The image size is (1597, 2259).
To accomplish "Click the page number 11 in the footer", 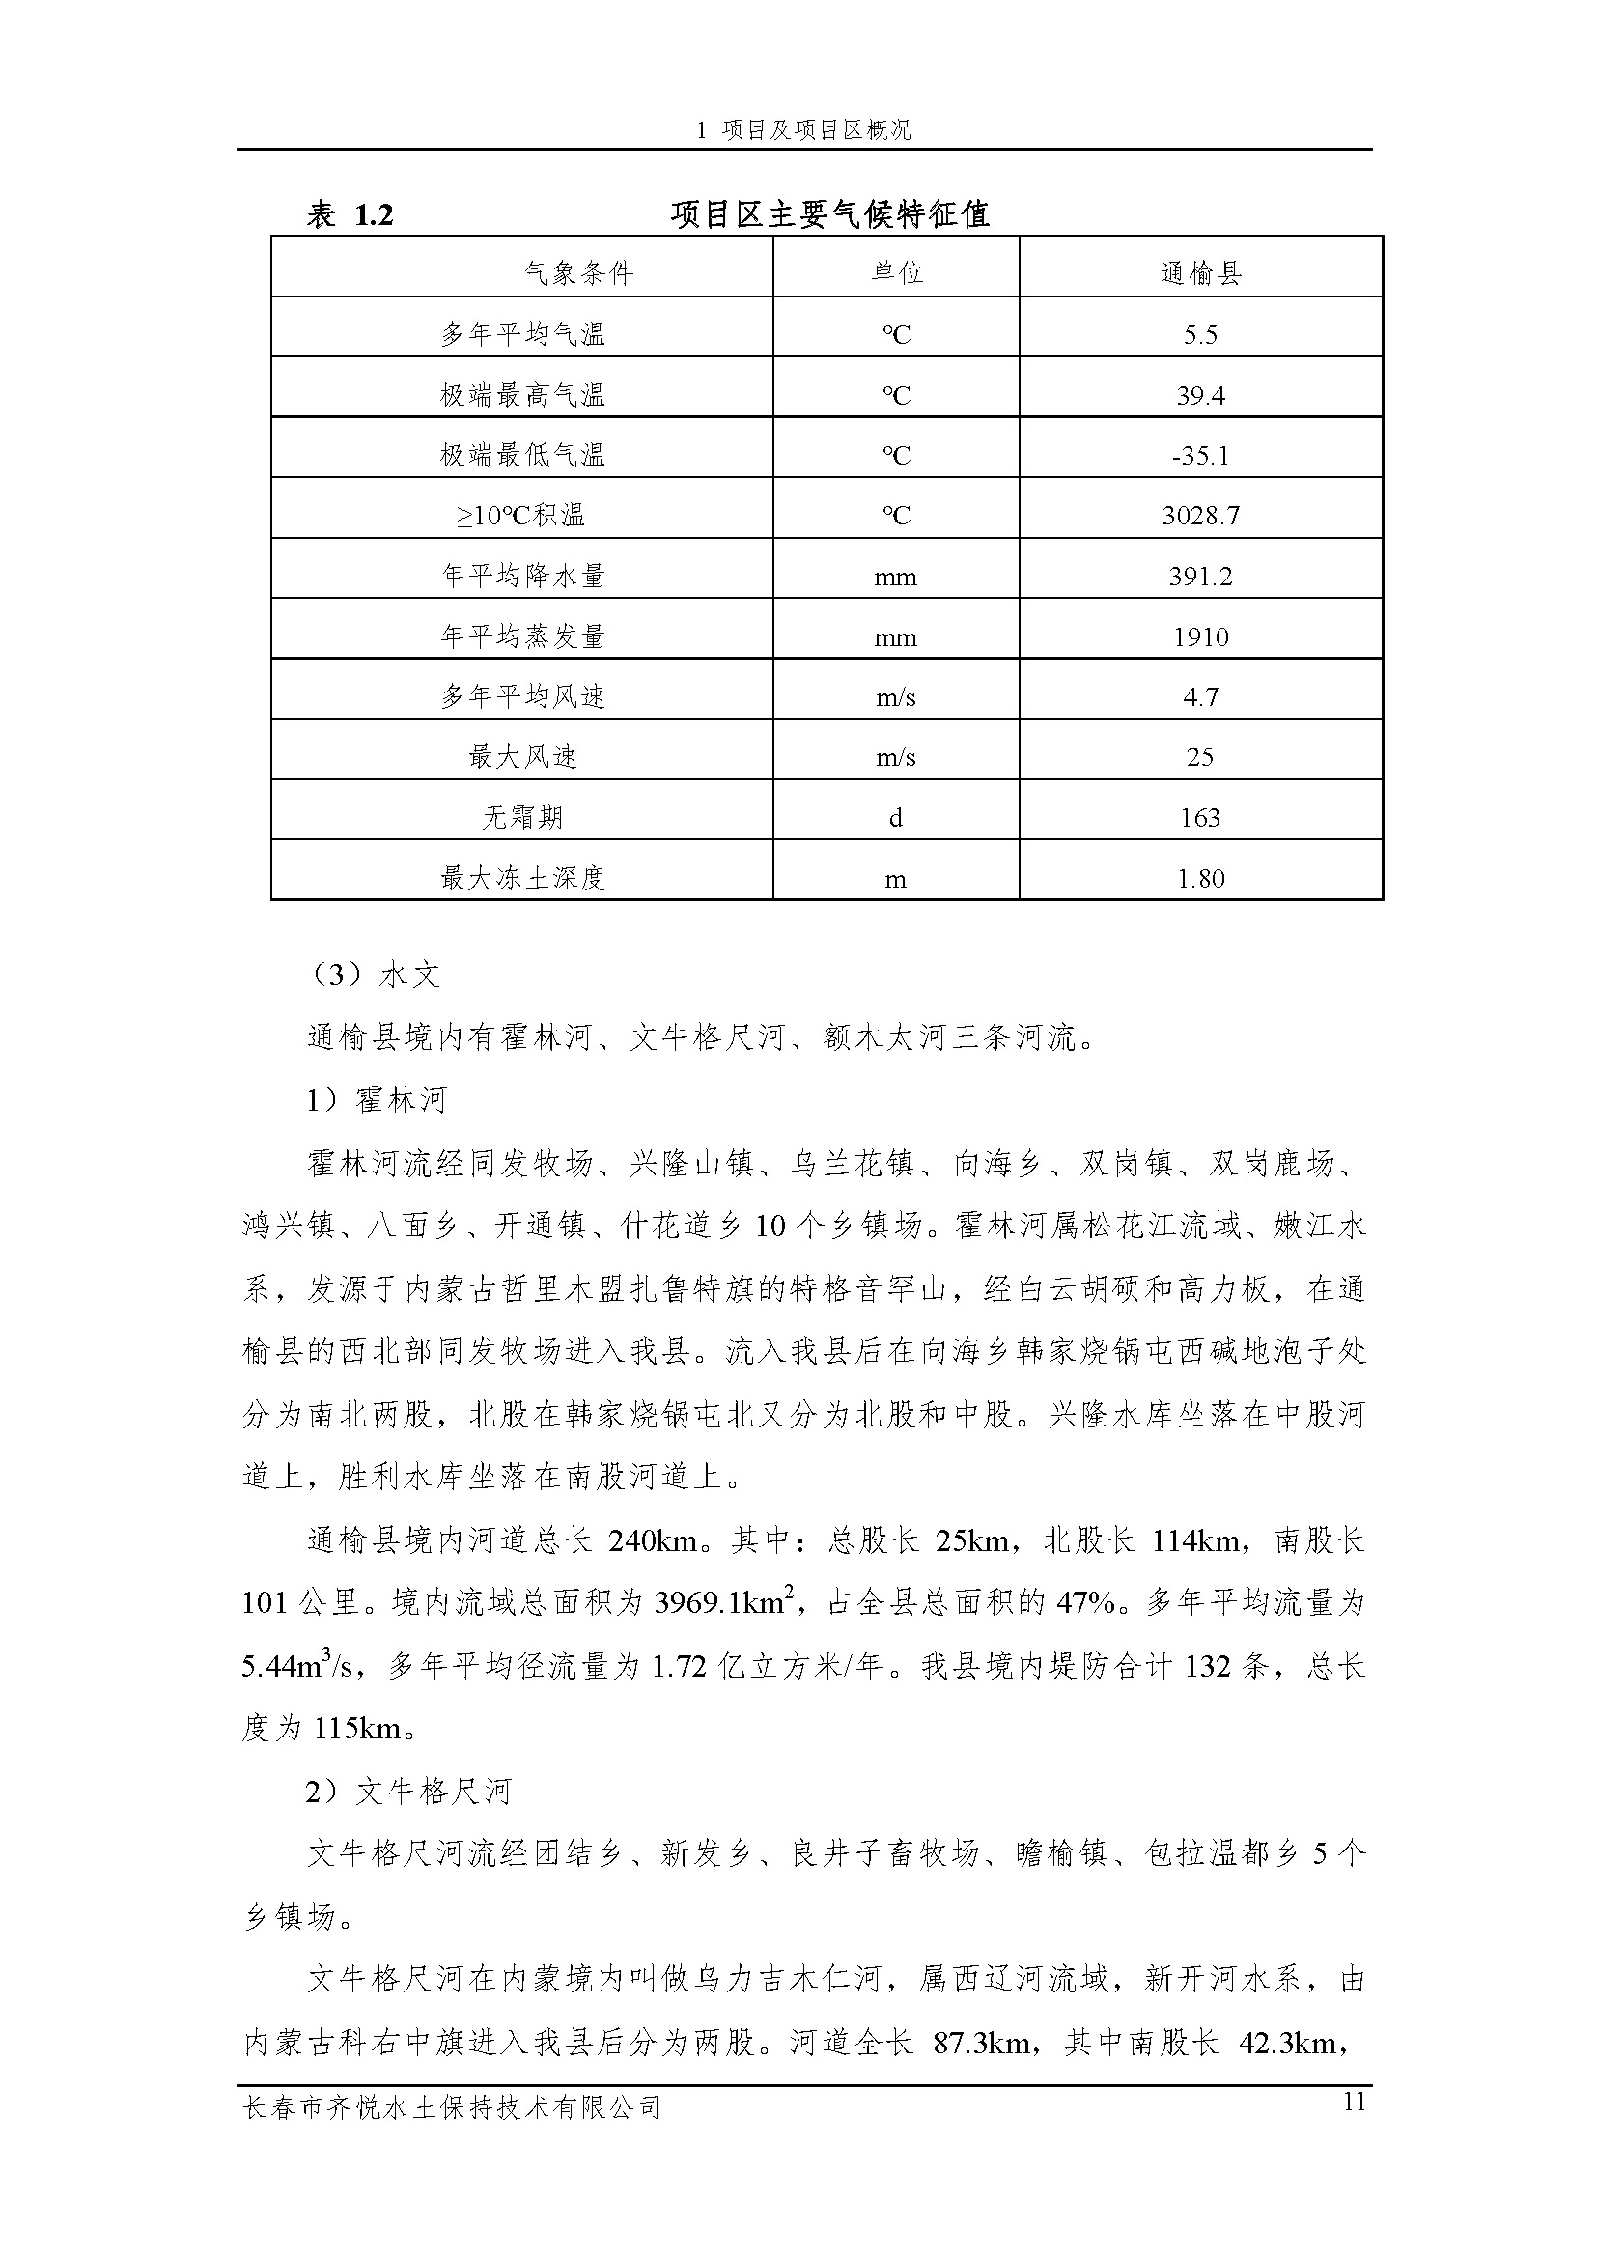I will [x=1353, y=2103].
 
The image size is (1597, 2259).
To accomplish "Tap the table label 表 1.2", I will [x=350, y=214].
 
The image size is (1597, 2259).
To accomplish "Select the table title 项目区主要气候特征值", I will [x=829, y=214].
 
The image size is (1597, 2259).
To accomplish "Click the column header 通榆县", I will [x=1200, y=272].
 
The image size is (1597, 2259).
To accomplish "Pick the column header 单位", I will [x=896, y=272].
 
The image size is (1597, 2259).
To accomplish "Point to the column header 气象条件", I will [x=578, y=272].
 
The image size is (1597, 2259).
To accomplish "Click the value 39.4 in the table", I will [x=1200, y=396].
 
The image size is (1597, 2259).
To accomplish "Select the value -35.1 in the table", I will [x=1200, y=456].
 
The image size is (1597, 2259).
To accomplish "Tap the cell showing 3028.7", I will [x=1200, y=516].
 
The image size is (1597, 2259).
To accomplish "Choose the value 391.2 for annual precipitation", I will [x=1200, y=577].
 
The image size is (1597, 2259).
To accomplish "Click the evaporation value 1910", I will [x=1200, y=637].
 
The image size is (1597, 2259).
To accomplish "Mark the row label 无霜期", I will [x=522, y=818].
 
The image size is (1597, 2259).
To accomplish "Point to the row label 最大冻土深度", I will [x=522, y=878].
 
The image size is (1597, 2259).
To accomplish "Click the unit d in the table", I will [x=895, y=818].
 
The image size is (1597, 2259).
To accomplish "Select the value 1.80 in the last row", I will [x=1200, y=878].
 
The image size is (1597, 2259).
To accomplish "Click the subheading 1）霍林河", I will [x=376, y=1100].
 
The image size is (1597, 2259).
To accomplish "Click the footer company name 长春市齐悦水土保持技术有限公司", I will [x=451, y=2106].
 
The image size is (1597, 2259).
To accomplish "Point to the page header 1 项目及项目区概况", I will [x=803, y=129].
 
